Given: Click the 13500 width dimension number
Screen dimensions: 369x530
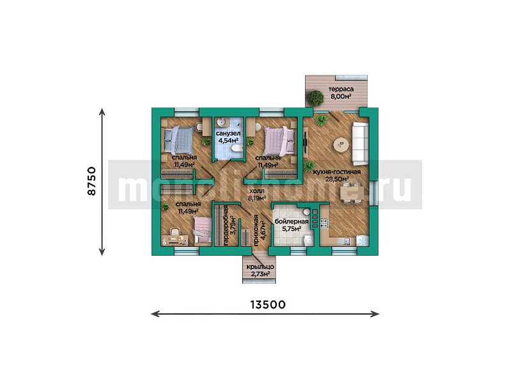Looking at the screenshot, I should [x=264, y=304].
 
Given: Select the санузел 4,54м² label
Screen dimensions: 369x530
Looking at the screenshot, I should [x=228, y=136].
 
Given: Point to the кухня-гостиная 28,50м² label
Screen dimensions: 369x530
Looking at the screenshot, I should [x=336, y=176].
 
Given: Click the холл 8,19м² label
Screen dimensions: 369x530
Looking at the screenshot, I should [x=256, y=194].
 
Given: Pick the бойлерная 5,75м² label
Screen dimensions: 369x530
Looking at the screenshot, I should [x=292, y=224].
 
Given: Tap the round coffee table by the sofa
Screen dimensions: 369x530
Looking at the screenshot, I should [x=341, y=146].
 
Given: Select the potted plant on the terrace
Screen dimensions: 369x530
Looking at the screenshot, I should [x=315, y=98].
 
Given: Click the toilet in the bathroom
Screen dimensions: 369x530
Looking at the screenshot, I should [x=236, y=148].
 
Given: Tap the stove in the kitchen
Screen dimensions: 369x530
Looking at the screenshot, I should [x=322, y=223].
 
